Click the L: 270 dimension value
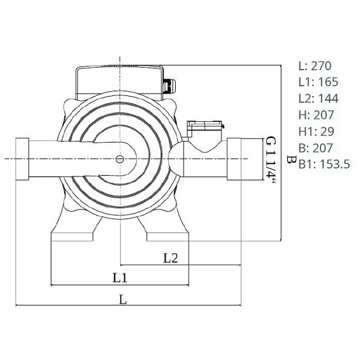click(315, 66)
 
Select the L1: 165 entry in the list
click(318, 82)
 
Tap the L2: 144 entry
click(318, 98)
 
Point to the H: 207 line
click(316, 115)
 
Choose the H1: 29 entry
click(316, 131)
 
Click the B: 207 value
click(316, 148)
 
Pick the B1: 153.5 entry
click(324, 164)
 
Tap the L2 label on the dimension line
click(170, 258)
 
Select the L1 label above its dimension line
click(120, 278)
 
